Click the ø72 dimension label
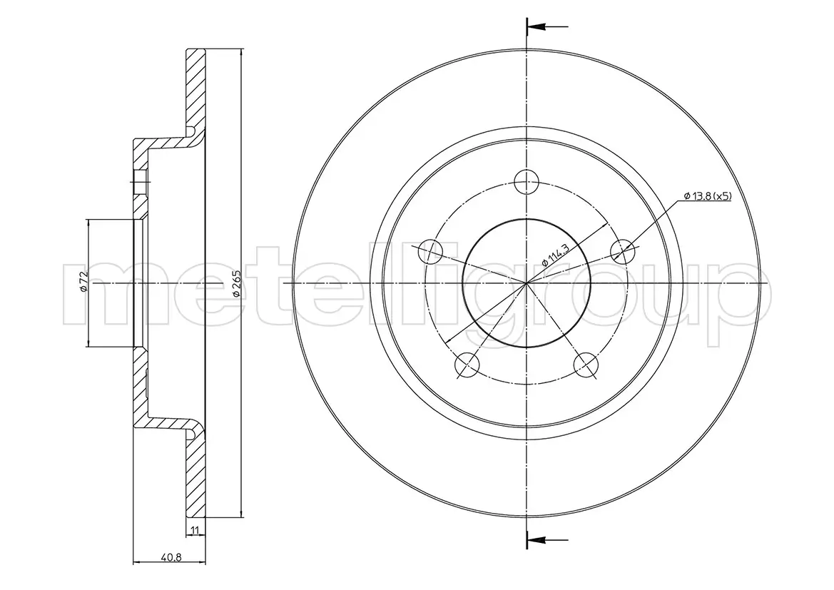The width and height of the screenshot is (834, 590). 82,281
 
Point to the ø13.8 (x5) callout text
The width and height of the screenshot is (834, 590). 708,196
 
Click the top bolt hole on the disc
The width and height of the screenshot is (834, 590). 526,182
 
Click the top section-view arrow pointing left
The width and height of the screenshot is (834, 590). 547,26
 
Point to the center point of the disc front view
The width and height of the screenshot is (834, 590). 526,283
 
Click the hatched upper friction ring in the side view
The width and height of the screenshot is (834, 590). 195,88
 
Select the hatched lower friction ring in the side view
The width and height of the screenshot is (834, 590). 195,477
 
